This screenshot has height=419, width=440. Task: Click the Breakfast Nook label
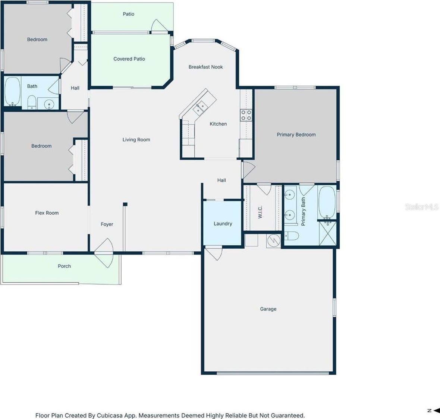point(205,67)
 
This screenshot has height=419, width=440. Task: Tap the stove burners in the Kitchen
point(246,115)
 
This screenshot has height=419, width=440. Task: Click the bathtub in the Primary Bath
point(327,203)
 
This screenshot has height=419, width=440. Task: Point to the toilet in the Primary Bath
point(292,236)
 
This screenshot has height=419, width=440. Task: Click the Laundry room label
point(223,224)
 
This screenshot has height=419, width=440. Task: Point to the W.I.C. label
point(260,212)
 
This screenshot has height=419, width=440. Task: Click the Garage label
point(268,309)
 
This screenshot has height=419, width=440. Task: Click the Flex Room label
point(47,213)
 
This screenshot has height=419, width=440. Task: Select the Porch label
point(64,266)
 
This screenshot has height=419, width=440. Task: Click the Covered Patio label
point(129,59)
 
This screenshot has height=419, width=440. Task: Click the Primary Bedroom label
point(296,135)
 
